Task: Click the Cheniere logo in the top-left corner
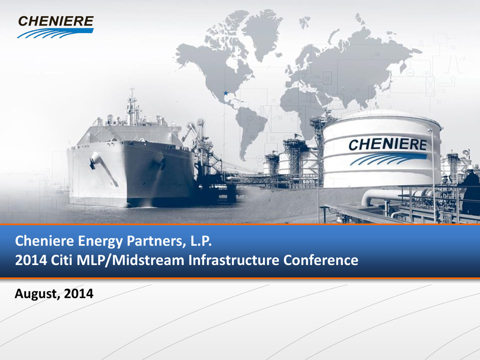point(56,27)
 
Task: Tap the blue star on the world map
point(226,93)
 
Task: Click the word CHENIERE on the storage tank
point(387,145)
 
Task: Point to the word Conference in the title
point(321,260)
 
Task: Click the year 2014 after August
point(79,293)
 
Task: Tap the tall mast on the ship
point(132,107)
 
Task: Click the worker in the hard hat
point(471,190)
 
